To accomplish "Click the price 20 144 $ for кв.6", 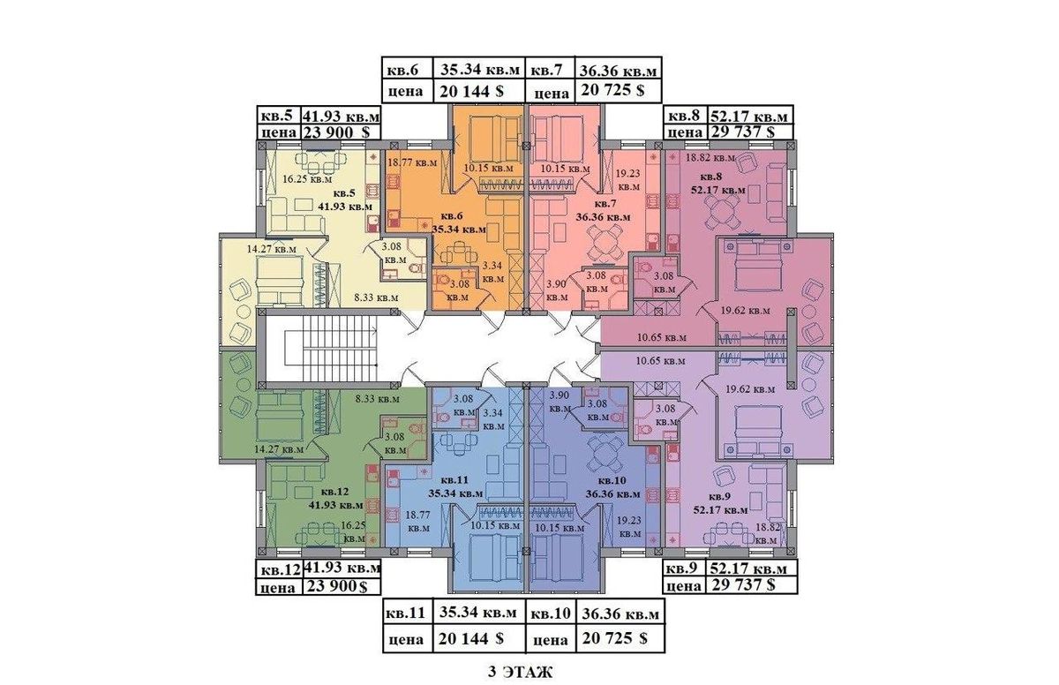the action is coord(471,91).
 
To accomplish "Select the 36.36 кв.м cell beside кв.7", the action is coord(619,71).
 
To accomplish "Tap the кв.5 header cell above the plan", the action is coord(277,116).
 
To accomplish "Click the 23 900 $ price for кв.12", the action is coord(337,586).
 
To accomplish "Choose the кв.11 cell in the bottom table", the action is coord(408,613).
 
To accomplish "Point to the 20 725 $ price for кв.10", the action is coord(614,639).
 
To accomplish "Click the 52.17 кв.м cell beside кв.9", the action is coord(748,568).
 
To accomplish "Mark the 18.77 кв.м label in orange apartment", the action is coord(412,162).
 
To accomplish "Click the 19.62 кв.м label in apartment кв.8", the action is coord(745,311).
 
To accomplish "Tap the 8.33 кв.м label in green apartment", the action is coord(378,399).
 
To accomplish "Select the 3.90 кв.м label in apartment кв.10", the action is coord(560,402).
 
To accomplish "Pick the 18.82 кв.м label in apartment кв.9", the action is coord(766,534).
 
